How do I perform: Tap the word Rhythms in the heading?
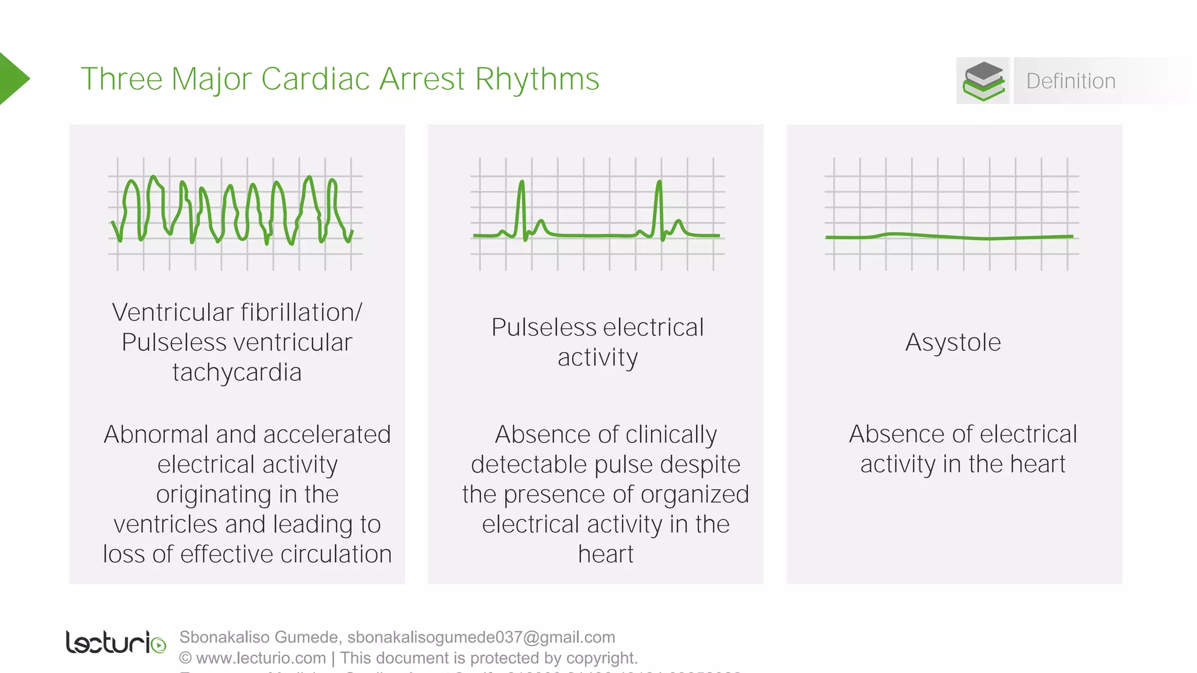pos(537,80)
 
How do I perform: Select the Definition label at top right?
pos(1071,81)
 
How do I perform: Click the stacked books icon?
pos(984,81)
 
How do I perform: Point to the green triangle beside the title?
pos(13,79)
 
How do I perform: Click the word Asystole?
pos(953,342)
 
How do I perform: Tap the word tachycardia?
pos(237,373)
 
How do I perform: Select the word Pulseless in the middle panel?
pos(538,328)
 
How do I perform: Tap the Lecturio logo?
pos(116,643)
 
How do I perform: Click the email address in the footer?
pos(481,637)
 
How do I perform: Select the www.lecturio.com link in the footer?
pos(261,658)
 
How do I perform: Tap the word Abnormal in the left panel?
pos(156,435)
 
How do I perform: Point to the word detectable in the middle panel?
pos(529,465)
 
